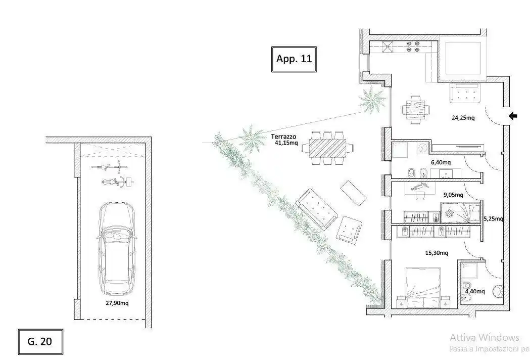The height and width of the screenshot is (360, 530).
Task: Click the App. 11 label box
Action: tap(294, 59)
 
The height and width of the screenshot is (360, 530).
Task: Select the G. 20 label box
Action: tap(40, 341)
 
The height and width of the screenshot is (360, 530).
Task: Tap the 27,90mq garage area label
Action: tap(117, 303)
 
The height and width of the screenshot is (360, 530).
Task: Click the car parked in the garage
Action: tap(117, 248)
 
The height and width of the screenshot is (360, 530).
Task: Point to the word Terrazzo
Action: tap(283, 137)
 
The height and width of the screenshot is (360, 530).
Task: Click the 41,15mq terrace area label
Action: tap(286, 143)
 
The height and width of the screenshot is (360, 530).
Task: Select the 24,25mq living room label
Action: tap(463, 118)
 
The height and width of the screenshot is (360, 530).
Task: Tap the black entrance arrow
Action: tap(513, 116)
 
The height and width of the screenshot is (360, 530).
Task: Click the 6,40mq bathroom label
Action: tap(441, 162)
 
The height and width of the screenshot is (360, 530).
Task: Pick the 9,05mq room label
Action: tap(453, 195)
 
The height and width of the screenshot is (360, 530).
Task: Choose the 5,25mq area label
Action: tap(493, 219)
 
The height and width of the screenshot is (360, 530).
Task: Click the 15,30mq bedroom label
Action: tap(437, 253)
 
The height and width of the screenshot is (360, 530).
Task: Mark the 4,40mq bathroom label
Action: tap(474, 291)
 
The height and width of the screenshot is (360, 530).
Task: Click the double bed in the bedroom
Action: tap(423, 288)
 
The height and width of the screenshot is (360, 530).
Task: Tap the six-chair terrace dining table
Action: tap(327, 148)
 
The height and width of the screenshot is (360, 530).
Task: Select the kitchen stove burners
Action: tap(413, 47)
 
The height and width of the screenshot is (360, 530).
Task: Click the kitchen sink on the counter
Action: tap(387, 47)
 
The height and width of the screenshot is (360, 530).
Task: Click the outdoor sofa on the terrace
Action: tap(317, 209)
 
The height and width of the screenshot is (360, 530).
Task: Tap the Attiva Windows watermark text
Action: tap(485, 337)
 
